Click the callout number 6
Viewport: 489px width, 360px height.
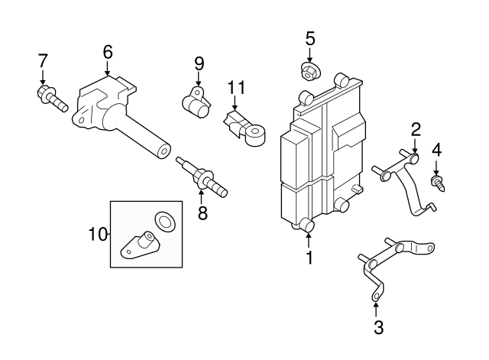point(107,52)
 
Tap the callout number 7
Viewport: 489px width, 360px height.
point(43,60)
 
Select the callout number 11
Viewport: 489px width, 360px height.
point(236,88)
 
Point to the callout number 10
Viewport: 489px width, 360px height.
point(98,234)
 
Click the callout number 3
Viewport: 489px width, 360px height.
point(378,328)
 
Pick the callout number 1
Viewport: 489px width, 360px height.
point(309,258)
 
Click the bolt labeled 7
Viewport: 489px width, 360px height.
point(52,97)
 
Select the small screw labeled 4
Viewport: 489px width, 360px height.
point(438,183)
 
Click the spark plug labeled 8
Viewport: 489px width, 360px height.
point(202,177)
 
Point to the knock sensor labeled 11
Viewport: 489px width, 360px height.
point(245,128)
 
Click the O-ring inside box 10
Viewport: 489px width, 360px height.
point(164,222)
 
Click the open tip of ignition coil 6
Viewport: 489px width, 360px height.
point(164,151)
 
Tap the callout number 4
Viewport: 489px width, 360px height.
point(436,151)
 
